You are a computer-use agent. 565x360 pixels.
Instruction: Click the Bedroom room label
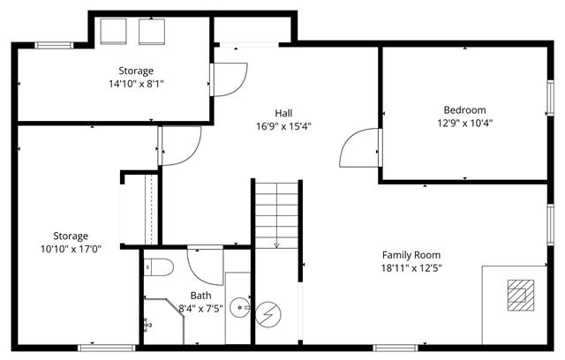click(464, 109)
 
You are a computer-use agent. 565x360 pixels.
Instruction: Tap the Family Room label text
click(411, 255)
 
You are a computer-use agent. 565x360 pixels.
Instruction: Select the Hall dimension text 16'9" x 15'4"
click(283, 126)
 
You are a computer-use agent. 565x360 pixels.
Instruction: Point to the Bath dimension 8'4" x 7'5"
click(200, 309)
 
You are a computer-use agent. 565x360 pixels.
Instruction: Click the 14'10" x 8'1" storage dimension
click(136, 84)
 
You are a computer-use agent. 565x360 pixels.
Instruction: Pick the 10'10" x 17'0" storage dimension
click(71, 249)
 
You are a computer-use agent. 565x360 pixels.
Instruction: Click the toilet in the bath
click(159, 266)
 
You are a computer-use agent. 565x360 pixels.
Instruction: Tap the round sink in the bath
click(239, 308)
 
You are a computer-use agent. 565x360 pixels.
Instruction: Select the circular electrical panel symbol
click(268, 315)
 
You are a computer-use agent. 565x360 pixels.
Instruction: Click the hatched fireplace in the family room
click(521, 296)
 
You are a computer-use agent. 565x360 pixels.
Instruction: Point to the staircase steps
click(276, 215)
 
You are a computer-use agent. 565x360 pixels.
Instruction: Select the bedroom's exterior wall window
click(551, 98)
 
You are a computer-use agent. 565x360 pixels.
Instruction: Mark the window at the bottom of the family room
click(395, 349)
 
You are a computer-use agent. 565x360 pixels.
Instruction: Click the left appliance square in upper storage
click(113, 32)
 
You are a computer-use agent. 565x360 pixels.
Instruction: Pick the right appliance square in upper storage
click(152, 32)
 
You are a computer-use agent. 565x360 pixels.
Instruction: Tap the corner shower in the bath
click(163, 320)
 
